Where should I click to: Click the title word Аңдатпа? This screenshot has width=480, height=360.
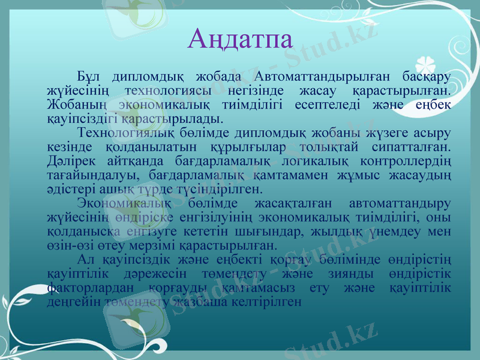(x=240, y=39)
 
